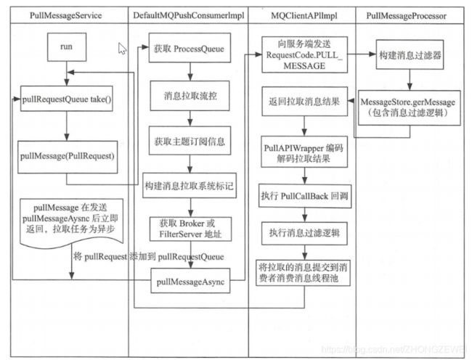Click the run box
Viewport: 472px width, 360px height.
[67, 47]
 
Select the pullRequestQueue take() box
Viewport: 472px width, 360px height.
[67, 99]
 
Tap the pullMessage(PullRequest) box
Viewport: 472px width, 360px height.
[68, 157]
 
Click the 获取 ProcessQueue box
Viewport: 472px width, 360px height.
[190, 48]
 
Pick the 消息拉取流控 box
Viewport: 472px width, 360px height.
[190, 96]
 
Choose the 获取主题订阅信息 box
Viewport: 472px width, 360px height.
[190, 141]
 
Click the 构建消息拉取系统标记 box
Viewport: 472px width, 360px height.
[190, 185]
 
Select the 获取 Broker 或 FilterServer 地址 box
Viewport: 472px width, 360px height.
[190, 229]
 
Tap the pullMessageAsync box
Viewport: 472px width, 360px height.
[190, 281]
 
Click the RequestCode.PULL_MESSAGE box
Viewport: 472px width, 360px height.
[305, 54]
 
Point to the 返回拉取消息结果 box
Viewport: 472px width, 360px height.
[305, 102]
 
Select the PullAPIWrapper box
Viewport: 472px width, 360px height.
[304, 152]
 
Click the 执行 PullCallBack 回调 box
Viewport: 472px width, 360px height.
[305, 196]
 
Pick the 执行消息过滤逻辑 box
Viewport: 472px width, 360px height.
[304, 234]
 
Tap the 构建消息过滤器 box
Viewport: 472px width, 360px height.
[410, 55]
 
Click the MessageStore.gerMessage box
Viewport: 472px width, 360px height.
[409, 107]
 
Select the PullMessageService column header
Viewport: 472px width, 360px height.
[65, 16]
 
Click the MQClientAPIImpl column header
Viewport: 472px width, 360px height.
[304, 16]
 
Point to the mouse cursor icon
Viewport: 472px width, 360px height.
[122, 49]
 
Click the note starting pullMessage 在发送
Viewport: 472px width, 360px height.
[72, 223]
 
